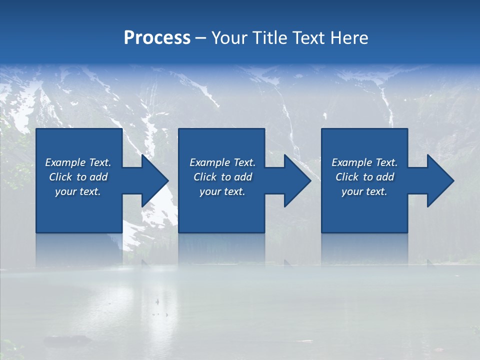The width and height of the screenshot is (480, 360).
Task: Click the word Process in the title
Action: (x=157, y=38)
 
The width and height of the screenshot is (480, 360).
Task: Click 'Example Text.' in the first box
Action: (x=78, y=162)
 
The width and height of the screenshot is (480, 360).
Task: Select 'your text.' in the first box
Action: (x=78, y=191)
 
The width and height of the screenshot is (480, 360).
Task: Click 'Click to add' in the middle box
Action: (x=222, y=177)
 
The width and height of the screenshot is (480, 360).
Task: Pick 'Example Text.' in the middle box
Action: (x=222, y=162)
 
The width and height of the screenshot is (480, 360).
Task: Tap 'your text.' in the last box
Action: (x=364, y=191)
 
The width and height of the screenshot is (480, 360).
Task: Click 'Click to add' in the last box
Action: (x=364, y=177)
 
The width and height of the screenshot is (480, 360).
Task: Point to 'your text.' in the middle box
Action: (x=222, y=191)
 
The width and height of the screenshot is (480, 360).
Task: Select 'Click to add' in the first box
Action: (x=78, y=177)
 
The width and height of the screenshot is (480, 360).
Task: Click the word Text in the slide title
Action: (x=309, y=38)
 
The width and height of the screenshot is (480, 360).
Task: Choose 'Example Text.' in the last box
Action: (x=364, y=162)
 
